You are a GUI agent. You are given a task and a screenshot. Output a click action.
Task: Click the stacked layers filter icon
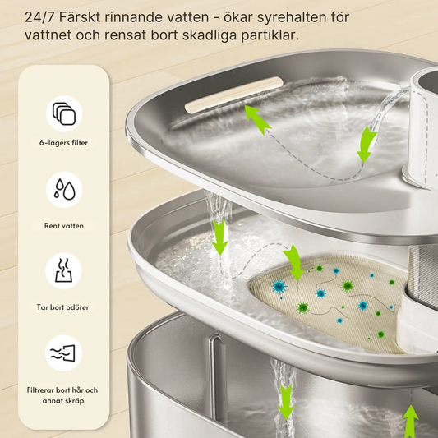coord(64,113)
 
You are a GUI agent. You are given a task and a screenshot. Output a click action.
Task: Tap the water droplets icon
coord(65,189)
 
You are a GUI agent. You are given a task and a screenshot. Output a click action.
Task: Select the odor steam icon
coord(64,270)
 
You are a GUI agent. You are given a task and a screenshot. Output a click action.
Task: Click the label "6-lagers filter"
coord(63,143)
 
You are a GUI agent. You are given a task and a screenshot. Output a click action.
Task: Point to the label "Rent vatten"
coord(64,226)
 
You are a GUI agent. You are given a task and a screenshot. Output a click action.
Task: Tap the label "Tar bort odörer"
coord(62,307)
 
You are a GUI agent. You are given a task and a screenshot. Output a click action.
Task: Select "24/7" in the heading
coord(40,17)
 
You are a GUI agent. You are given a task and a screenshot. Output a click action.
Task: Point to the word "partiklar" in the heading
coord(270,36)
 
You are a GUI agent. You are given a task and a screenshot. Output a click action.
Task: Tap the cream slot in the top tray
coord(234,95)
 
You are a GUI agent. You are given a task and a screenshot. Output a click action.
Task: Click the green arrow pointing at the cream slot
coord(257,119)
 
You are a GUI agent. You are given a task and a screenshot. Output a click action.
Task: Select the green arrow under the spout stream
coord(367,145)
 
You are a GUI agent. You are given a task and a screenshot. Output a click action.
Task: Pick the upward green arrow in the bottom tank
coord(411,422)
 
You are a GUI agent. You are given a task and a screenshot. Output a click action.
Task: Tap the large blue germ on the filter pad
coord(279,287)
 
